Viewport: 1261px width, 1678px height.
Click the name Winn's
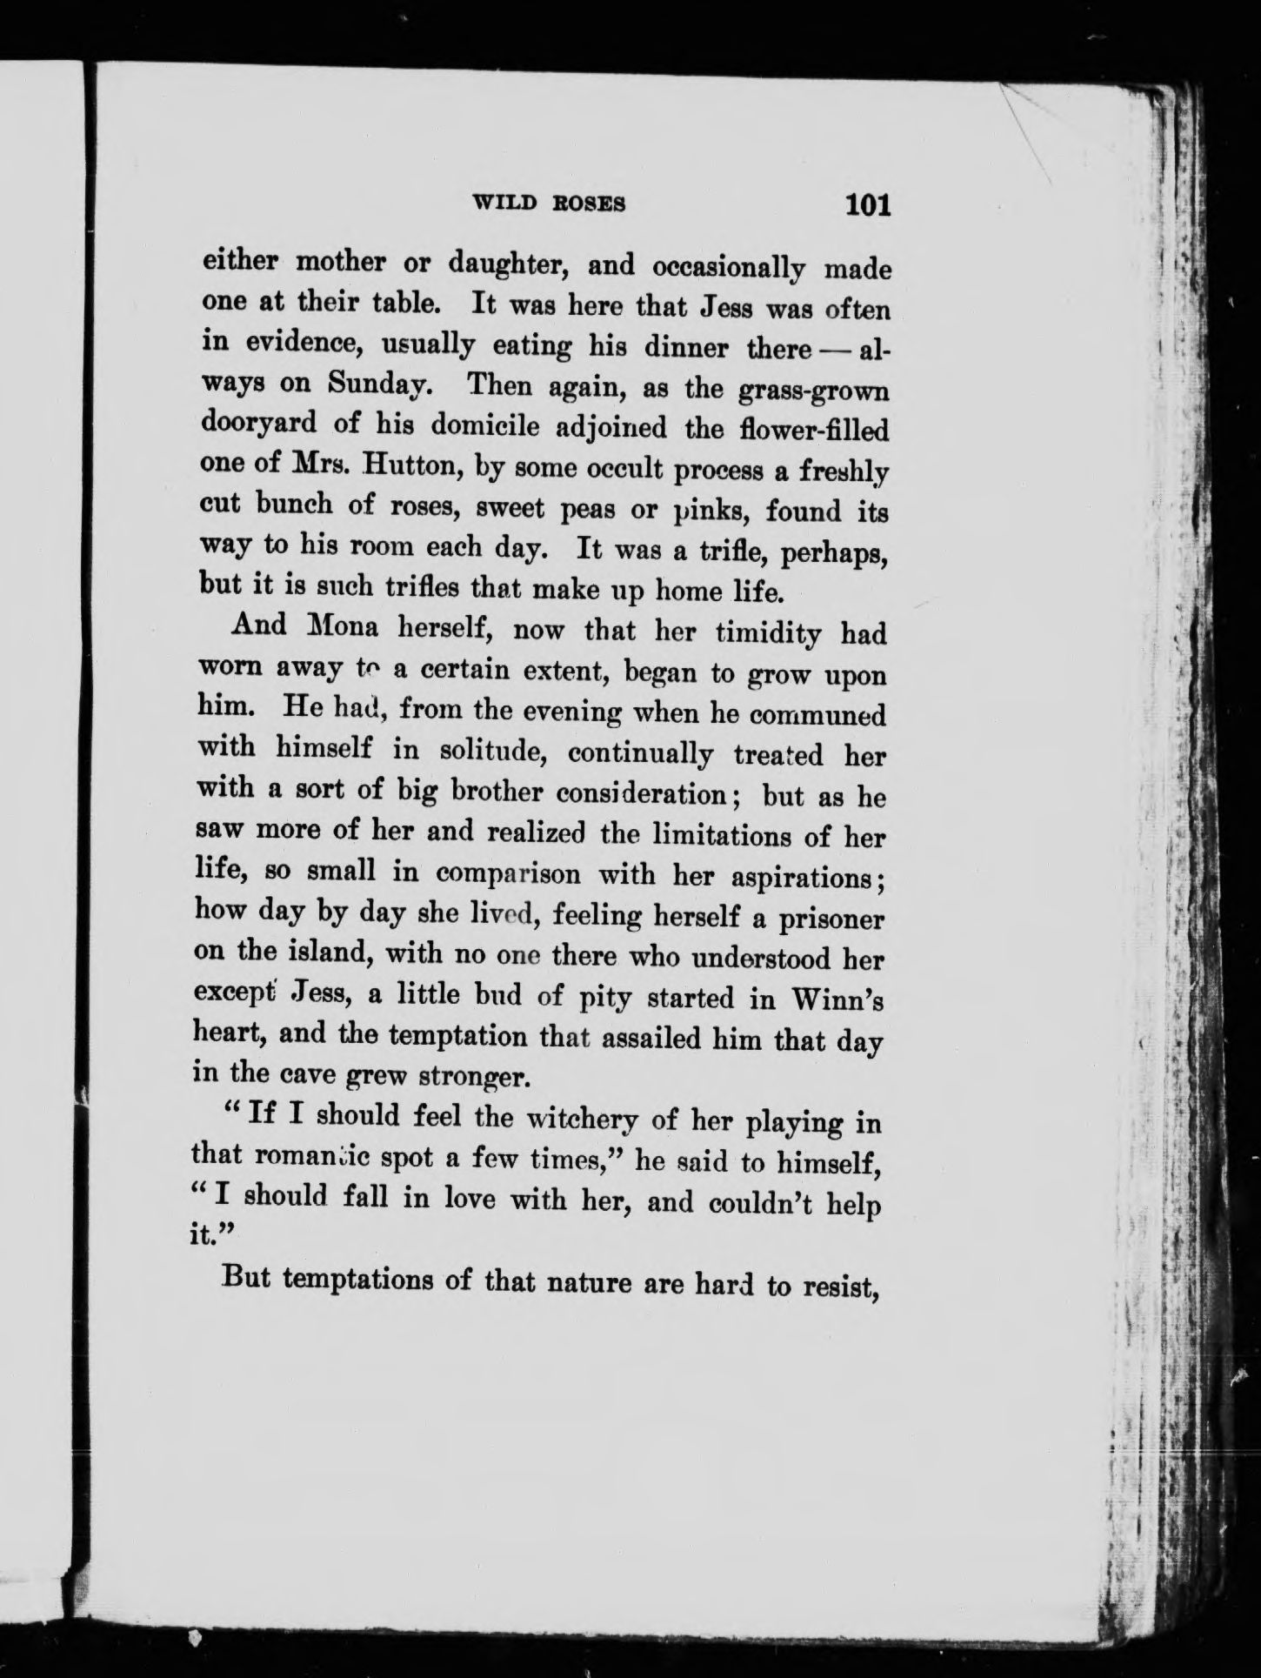840,999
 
